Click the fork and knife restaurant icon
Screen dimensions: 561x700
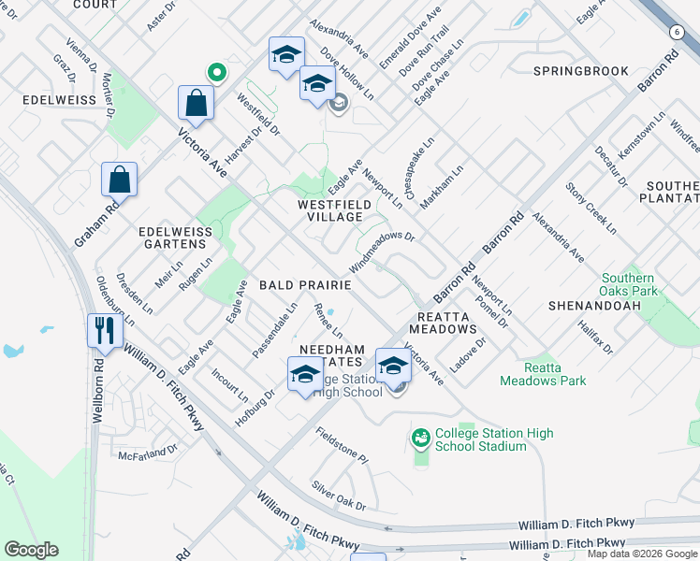(103, 331)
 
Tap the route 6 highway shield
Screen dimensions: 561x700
(676, 32)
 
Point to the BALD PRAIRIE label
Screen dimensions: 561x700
(305, 284)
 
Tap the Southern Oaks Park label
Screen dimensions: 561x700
(628, 284)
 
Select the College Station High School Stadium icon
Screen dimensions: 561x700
(421, 437)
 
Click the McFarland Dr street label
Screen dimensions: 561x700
(147, 453)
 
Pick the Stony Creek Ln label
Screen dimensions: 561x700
(591, 209)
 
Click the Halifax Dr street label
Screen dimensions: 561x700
(595, 336)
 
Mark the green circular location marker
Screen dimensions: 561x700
(217, 71)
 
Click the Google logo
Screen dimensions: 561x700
(31, 550)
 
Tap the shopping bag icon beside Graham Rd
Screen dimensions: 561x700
(120, 180)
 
